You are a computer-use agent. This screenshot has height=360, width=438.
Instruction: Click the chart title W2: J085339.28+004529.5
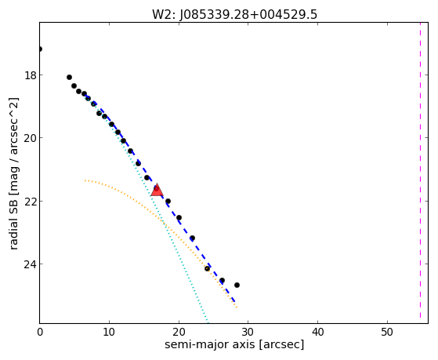pos(234,14)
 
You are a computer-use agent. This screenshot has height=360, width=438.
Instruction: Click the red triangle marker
pos(157,191)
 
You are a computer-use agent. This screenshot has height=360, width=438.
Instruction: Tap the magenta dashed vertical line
pos(420,173)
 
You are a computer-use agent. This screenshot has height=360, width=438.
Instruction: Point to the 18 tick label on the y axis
pos(30,75)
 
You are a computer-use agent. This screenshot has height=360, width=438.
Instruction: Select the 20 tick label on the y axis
pos(30,138)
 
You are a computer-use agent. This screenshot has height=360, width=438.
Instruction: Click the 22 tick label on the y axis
pos(30,202)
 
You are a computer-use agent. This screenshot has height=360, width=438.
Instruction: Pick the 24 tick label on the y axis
pos(30,264)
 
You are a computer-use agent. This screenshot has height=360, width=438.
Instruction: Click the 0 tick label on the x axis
pos(40,333)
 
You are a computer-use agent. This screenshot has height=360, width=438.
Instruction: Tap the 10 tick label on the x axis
pos(109,333)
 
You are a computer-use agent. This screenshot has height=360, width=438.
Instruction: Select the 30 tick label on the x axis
pos(248,333)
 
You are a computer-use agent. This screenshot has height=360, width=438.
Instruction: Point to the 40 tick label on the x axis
pos(317,333)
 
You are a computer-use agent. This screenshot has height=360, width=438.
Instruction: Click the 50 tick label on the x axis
pos(387,333)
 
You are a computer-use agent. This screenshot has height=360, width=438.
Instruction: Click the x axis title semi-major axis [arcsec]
pos(234,344)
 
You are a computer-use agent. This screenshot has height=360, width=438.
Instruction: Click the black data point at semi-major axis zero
pos(40,49)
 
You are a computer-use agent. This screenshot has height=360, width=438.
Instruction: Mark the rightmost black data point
pos(237,285)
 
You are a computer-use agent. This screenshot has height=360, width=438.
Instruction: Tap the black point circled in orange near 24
pos(207,268)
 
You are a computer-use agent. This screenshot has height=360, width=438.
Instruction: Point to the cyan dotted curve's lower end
pos(208,321)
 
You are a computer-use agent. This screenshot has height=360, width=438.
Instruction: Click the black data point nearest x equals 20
pos(179,217)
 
